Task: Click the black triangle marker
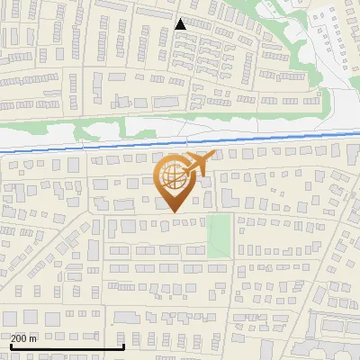[181, 24]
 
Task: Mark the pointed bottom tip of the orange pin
[174, 212]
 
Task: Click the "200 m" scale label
[24, 338]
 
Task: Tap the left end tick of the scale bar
[10, 345]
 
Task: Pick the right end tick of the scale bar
[123, 345]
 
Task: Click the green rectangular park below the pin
[219, 235]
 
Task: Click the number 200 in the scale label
[20, 338]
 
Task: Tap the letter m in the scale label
[34, 338]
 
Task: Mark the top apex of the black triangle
[181, 19]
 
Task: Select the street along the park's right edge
[234, 236]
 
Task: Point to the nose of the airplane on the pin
[209, 157]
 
